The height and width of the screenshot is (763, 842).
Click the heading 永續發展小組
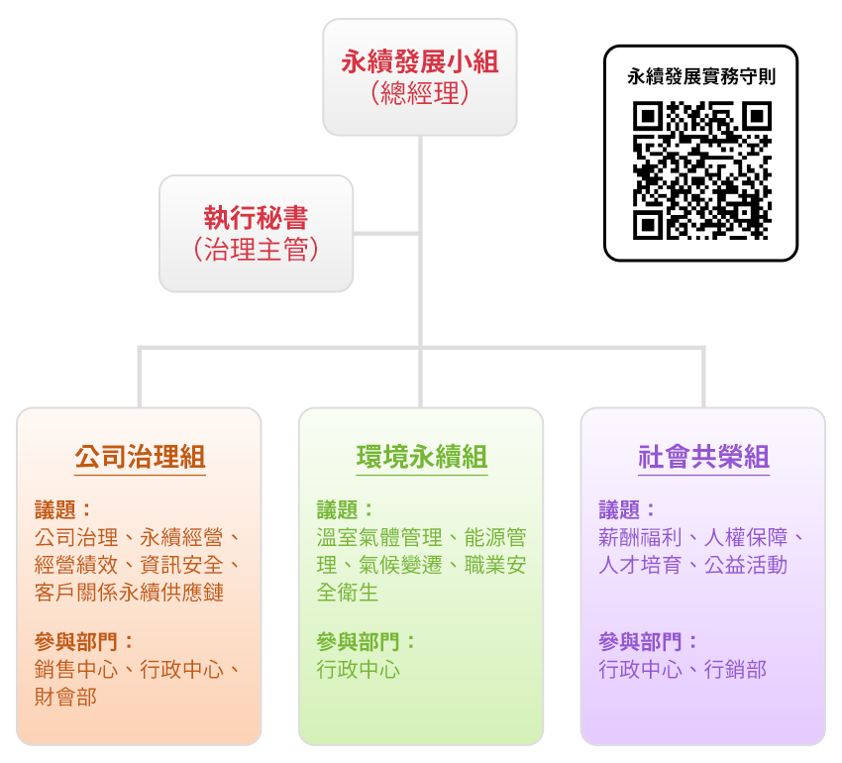[x=420, y=62]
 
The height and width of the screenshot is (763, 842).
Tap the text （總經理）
[x=420, y=94]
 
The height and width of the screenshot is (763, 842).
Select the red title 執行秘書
[x=257, y=218]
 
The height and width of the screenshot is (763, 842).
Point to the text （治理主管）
[x=257, y=249]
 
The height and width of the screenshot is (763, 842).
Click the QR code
[x=701, y=170]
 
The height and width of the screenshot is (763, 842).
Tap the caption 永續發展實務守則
[x=701, y=76]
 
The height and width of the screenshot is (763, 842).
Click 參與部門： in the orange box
[x=84, y=641]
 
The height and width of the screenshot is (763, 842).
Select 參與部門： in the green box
[x=367, y=641]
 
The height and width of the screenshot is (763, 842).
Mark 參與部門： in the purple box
[x=649, y=641]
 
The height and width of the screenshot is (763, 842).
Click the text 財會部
[x=65, y=697]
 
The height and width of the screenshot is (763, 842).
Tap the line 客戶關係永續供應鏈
[x=129, y=593]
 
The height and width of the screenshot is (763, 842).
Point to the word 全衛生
[x=348, y=593]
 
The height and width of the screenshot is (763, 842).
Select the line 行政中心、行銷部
[x=683, y=669]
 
